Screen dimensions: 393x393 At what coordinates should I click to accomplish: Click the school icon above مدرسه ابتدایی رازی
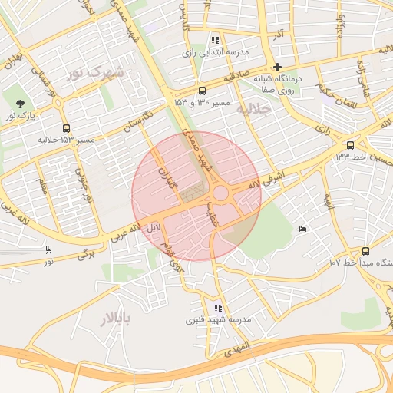[x=215, y=40]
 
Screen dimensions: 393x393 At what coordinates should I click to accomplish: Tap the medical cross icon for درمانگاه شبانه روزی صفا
[x=277, y=67]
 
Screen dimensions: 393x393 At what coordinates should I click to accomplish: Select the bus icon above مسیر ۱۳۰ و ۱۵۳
[x=202, y=90]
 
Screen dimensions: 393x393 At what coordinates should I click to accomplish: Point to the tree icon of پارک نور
[x=20, y=104]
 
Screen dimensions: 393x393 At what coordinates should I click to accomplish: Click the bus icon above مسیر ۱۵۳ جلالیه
[x=67, y=129]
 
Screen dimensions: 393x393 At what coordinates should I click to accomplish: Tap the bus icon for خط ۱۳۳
[x=351, y=144]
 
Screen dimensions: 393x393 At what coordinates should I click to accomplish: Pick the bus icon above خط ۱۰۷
[x=365, y=250]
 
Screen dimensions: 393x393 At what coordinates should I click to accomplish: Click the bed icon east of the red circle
[x=302, y=229]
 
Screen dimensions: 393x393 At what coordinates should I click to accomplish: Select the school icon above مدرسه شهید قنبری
[x=218, y=308]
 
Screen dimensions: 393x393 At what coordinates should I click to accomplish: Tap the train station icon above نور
[x=49, y=249]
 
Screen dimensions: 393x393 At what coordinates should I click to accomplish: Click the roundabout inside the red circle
[x=221, y=193]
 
